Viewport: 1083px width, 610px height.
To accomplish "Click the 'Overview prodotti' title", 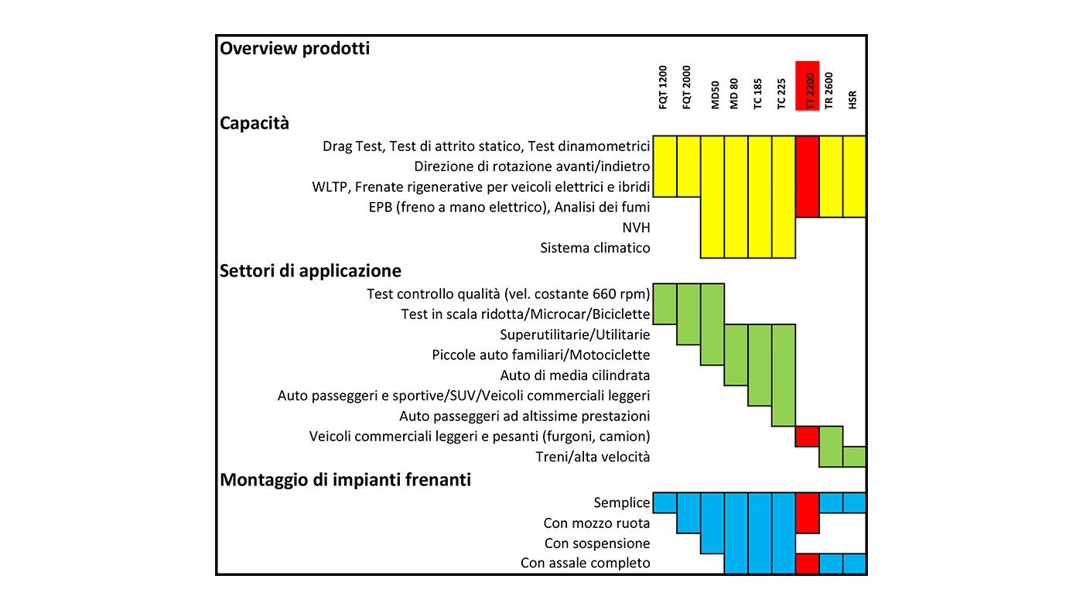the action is [295, 49].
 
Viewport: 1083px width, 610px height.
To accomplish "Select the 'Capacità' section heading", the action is [255, 123].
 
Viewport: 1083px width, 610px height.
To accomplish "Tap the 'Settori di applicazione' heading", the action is [310, 271].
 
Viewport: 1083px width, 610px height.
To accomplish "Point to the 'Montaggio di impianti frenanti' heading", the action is [345, 480].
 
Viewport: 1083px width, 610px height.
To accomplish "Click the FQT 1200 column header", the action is [663, 87].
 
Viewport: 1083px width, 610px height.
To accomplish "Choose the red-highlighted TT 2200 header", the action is [808, 86].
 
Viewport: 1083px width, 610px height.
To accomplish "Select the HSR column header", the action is [852, 100].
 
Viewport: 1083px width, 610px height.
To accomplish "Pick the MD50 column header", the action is [715, 94].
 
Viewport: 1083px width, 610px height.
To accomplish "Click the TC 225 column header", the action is [781, 94].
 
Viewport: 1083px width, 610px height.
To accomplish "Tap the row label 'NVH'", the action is [636, 228].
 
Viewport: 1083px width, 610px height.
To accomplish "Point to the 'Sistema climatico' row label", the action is [595, 248].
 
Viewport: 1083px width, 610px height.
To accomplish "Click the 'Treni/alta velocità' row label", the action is [593, 457].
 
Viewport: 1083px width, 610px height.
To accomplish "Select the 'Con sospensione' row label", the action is [597, 543].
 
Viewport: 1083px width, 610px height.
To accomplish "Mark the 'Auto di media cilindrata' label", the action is [575, 375].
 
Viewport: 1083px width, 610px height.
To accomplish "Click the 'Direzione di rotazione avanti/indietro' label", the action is [532, 167].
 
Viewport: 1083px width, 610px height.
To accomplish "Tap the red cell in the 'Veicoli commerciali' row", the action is [808, 437].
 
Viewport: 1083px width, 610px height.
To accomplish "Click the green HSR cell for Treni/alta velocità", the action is [854, 457].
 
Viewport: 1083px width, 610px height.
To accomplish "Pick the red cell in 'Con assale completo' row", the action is [808, 564].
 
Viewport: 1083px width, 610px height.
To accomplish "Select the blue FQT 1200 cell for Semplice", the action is [664, 503].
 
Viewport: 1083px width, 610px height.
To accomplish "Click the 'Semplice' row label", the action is [622, 503].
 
